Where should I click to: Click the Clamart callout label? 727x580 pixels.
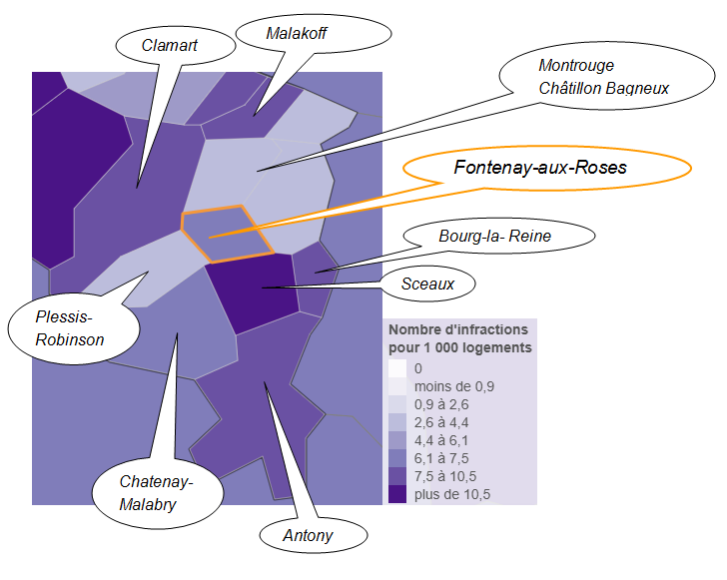coord(170,45)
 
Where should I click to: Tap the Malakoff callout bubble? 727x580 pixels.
coord(297,34)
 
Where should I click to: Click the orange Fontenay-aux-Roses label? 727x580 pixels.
coord(540,167)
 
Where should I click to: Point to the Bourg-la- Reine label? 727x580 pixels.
coord(495,237)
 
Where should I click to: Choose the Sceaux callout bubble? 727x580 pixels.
coord(427,285)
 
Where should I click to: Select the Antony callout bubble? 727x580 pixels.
coord(309,536)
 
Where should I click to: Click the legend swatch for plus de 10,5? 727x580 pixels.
coord(397,493)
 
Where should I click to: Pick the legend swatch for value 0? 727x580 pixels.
coord(397,368)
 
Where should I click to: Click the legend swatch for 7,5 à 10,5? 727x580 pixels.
coord(397,475)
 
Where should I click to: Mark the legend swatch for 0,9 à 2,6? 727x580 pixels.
coord(397,404)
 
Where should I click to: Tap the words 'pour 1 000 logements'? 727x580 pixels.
coord(459,347)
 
